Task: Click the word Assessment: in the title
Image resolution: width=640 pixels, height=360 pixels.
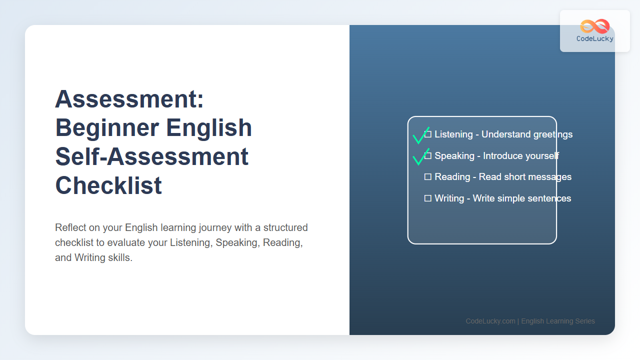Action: (129, 99)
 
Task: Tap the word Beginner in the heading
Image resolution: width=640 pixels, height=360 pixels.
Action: (107, 128)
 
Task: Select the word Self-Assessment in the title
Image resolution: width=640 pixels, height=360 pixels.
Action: (151, 156)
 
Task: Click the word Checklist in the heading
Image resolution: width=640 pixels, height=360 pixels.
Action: (108, 185)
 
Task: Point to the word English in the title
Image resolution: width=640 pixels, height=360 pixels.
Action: (209, 128)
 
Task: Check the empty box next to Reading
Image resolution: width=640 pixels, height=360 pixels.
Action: (427, 177)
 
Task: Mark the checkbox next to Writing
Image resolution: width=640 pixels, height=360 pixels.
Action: (427, 198)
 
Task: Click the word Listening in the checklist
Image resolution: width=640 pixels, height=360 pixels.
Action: (453, 134)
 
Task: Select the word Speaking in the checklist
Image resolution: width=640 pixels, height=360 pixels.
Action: (454, 156)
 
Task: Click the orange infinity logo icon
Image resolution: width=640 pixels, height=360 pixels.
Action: (595, 26)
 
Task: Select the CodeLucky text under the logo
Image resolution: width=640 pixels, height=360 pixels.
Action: (595, 39)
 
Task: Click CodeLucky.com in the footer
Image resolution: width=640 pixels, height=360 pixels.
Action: (490, 321)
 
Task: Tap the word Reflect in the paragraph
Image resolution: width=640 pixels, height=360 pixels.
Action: (70, 227)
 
